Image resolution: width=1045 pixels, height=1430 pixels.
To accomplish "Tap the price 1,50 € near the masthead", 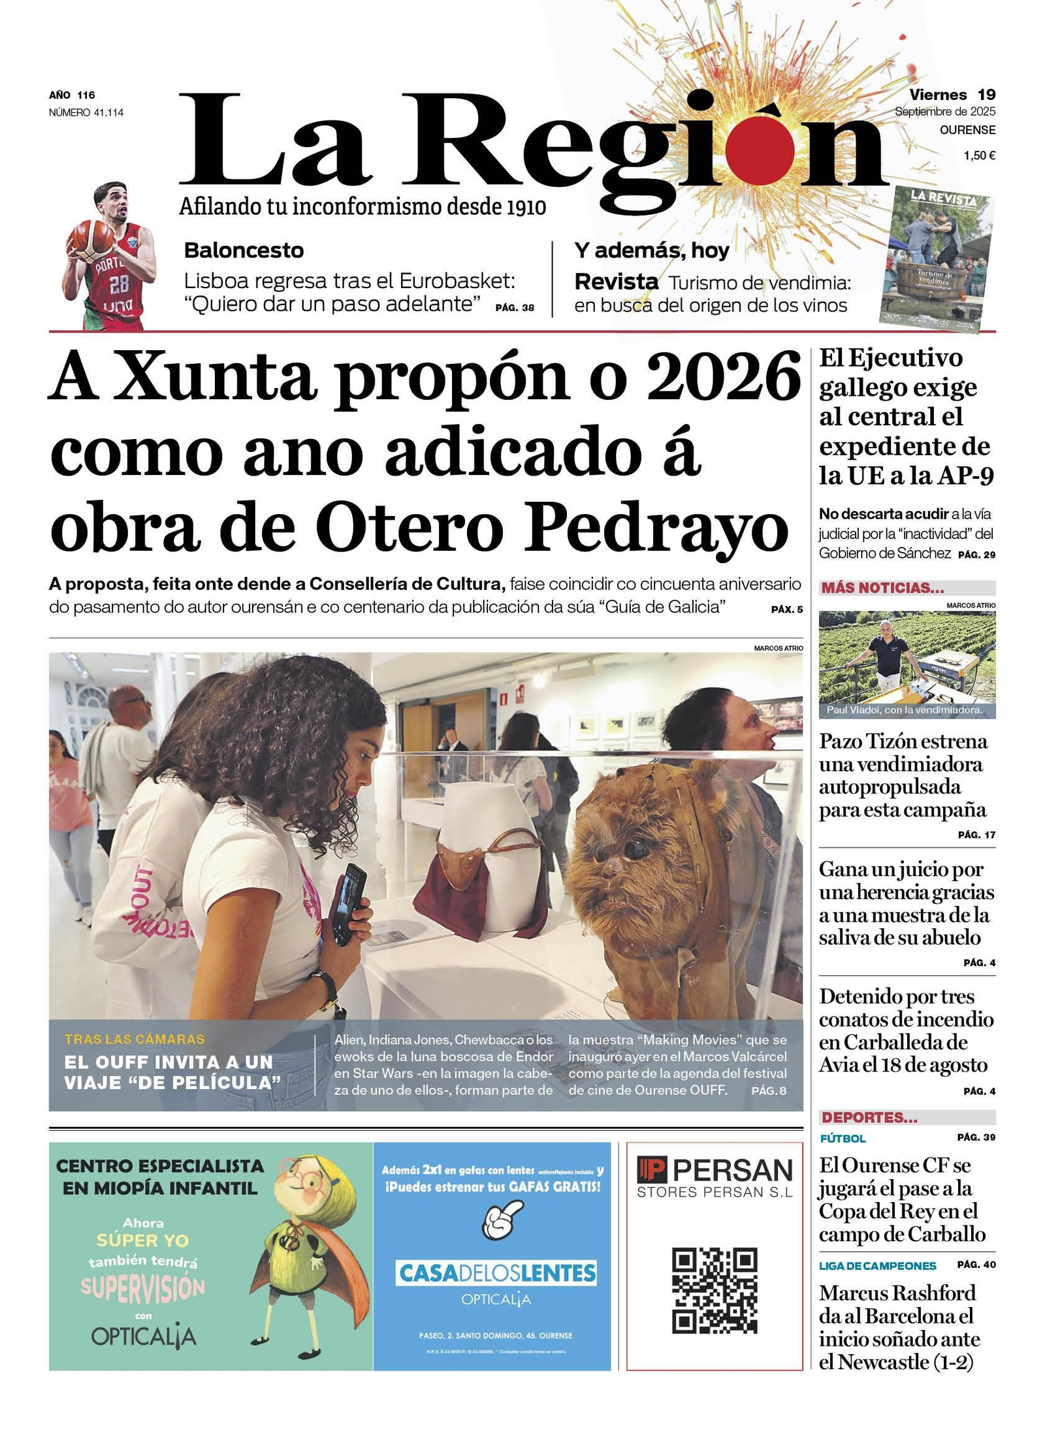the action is pos(978,155).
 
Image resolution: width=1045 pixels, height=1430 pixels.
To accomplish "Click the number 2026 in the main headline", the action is pos(723,379).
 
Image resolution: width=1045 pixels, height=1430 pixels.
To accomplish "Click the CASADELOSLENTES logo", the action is pos(496,1273).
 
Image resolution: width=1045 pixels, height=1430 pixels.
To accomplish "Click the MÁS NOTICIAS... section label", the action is pos(882,587).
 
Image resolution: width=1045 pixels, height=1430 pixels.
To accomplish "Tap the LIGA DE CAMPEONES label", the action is pos(877,1265).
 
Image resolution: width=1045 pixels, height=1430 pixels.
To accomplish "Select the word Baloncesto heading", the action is pos(244,250).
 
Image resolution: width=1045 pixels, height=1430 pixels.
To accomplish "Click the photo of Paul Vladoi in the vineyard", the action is pos(907,664).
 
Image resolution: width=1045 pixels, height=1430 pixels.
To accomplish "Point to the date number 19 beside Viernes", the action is pos(986,95).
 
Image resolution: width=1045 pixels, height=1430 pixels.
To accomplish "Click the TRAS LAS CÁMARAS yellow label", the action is pos(135,1039).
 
